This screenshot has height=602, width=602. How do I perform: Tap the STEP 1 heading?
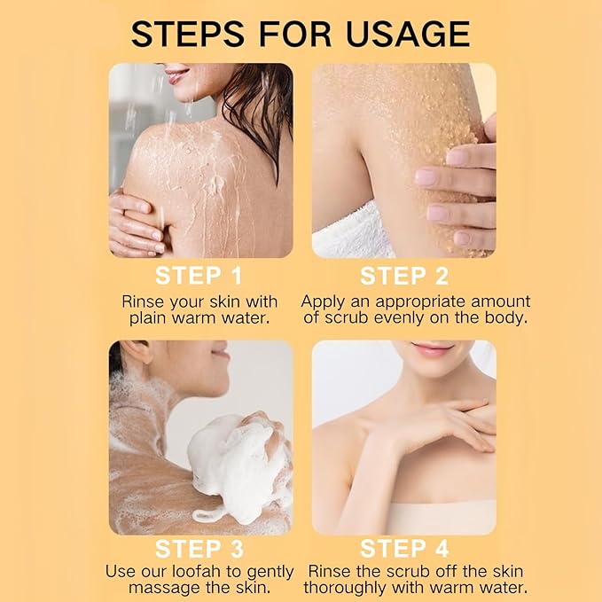(199, 275)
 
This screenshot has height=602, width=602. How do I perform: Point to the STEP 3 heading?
(199, 549)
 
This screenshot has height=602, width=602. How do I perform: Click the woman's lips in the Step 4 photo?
(433, 348)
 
